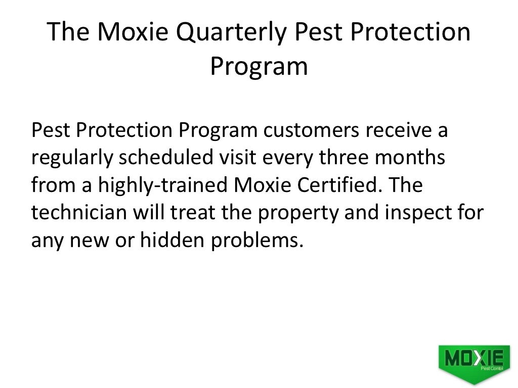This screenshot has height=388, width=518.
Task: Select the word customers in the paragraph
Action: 311,131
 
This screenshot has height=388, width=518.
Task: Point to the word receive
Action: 400,131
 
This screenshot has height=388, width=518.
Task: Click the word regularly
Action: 71,159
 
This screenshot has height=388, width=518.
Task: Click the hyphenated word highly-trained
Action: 163,186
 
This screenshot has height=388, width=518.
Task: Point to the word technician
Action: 78,213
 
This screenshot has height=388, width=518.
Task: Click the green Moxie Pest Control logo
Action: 474,361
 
